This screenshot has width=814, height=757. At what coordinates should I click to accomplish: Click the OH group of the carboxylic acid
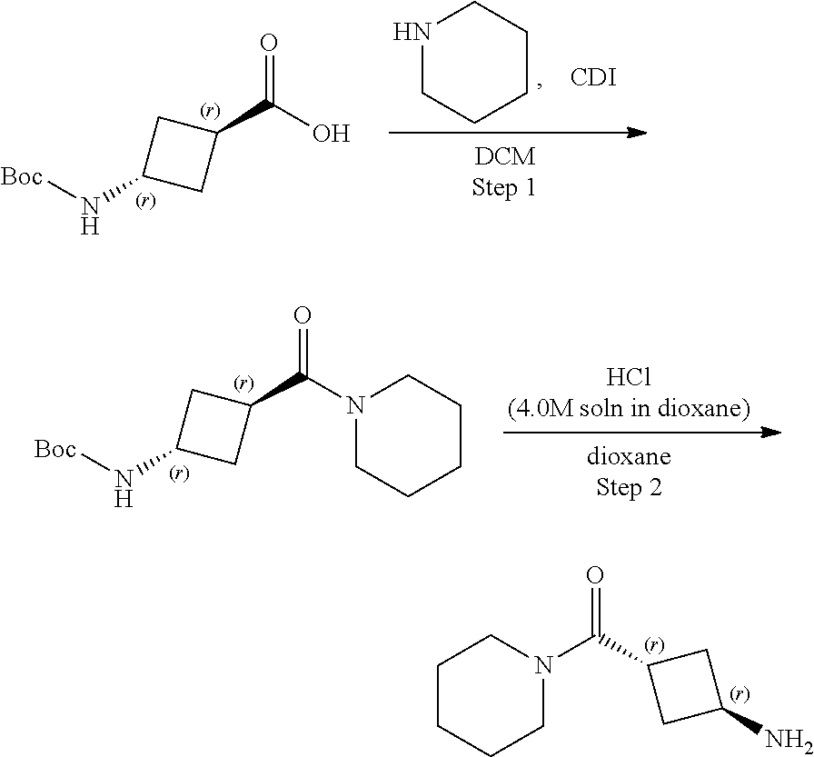[331, 134]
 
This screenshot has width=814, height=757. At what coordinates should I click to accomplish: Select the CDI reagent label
[592, 78]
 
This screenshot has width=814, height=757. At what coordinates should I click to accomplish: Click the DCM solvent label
[505, 156]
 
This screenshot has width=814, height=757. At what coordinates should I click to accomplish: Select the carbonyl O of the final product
[595, 575]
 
